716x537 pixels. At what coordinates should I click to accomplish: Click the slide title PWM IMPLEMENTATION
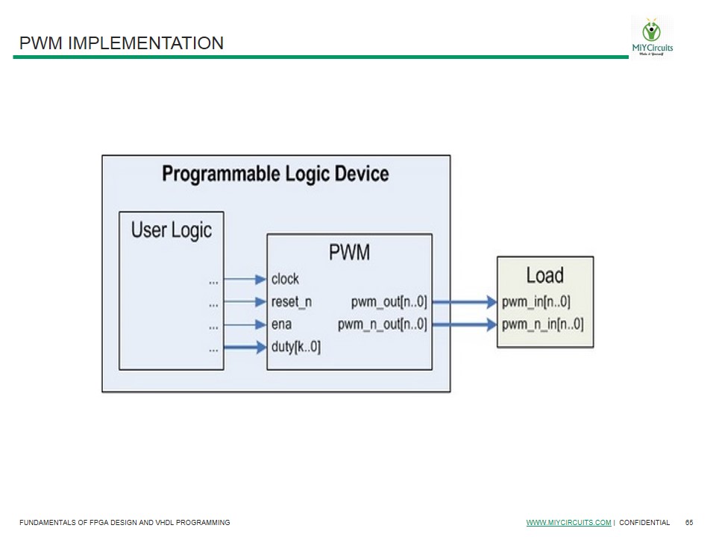coord(122,43)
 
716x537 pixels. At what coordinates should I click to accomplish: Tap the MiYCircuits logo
coord(652,37)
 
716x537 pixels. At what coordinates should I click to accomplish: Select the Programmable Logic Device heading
coord(275,174)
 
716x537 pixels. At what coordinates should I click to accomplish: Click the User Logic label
coord(172,230)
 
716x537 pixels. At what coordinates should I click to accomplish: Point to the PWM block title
coord(349,253)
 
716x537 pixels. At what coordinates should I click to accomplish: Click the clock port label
coord(285,279)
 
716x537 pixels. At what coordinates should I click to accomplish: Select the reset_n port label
coord(292,302)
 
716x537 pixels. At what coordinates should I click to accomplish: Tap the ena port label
coord(281,324)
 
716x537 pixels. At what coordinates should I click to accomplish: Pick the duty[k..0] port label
coord(296,347)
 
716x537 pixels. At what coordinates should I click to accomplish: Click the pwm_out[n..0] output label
coord(389,302)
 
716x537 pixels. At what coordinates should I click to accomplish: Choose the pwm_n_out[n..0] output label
coord(382,324)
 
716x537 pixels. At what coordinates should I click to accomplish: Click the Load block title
coord(544,275)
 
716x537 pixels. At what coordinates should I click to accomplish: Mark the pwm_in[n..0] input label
coord(536,302)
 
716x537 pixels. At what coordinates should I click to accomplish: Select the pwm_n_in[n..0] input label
coord(542,324)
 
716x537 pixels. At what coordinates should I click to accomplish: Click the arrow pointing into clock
coord(245,280)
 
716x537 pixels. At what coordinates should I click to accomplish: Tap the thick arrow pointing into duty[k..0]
coord(245,347)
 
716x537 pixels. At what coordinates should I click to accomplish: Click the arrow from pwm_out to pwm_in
coord(464,302)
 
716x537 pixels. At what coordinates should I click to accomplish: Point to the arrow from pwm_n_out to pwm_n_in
coord(464,324)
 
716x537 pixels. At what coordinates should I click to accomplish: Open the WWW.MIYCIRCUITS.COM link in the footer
coord(568,523)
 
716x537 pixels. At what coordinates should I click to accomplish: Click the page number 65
coord(689,523)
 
